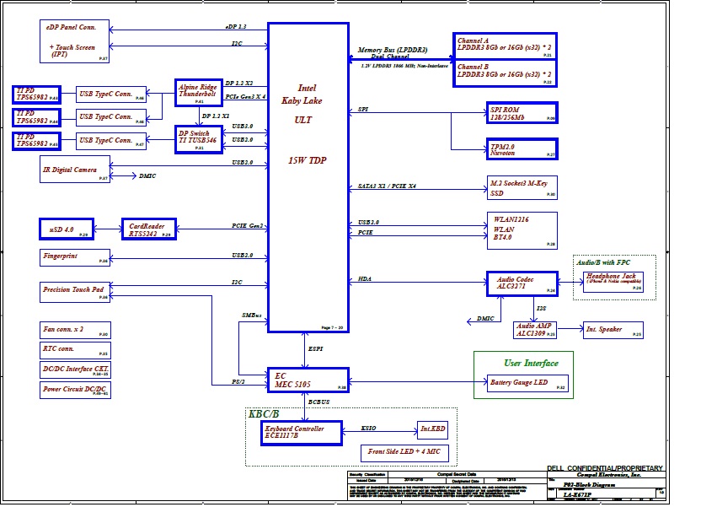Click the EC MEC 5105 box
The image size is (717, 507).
(x=308, y=380)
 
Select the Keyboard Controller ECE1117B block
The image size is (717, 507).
(x=302, y=433)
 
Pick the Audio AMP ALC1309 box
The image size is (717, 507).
(x=536, y=330)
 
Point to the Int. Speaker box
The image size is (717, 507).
(x=613, y=330)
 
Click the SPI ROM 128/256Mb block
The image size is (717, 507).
(x=522, y=113)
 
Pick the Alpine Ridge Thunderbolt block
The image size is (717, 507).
(x=198, y=92)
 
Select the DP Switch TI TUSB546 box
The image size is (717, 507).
(x=198, y=139)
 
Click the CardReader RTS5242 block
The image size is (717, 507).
(x=148, y=229)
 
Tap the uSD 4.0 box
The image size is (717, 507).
(x=68, y=229)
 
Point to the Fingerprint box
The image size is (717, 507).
(x=75, y=257)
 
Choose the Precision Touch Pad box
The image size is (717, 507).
(x=75, y=292)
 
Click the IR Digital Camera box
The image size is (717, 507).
(x=75, y=170)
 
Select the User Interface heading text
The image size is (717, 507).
(x=531, y=364)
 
